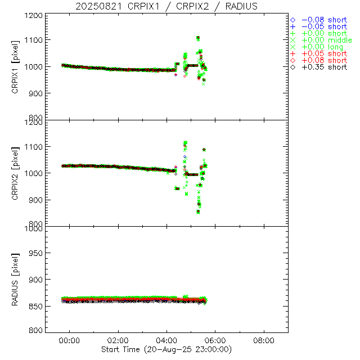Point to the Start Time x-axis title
(166, 349)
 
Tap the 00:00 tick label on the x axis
(70, 340)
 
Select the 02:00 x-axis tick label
(118, 340)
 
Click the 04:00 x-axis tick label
(166, 340)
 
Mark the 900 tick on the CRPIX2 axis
(35, 200)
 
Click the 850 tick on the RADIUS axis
(35, 305)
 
